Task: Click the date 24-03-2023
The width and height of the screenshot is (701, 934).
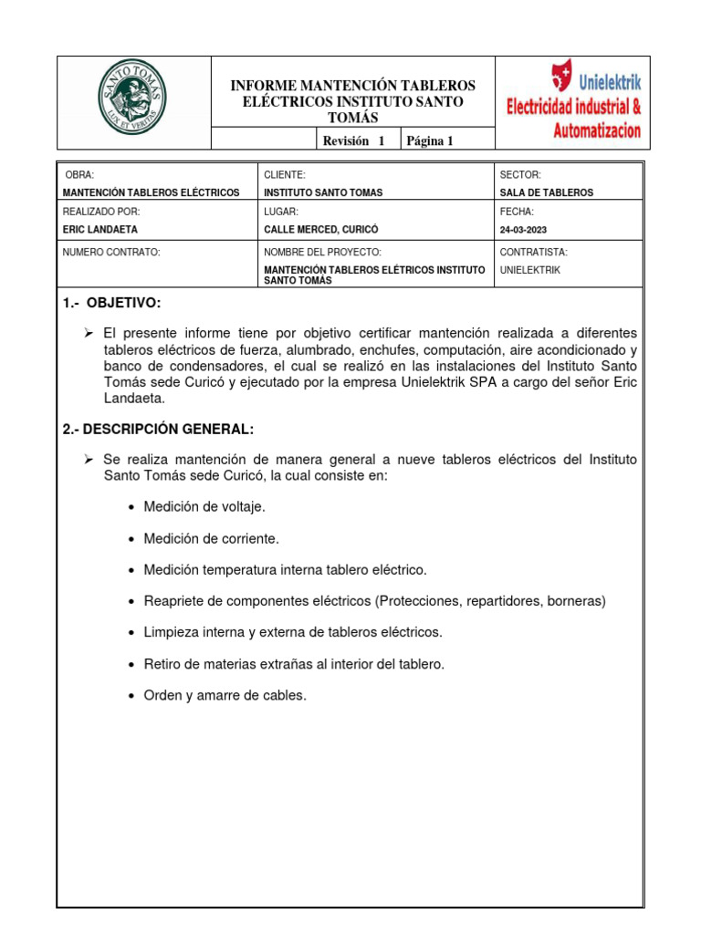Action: (x=524, y=230)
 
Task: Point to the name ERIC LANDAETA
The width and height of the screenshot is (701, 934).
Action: (x=99, y=230)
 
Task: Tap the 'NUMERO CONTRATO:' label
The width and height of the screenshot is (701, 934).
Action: (x=111, y=251)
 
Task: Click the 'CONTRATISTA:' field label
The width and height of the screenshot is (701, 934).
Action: (x=534, y=251)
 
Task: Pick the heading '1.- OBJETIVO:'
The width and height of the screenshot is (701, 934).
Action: (x=112, y=304)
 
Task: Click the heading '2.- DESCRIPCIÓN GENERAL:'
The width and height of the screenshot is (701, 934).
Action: (x=158, y=430)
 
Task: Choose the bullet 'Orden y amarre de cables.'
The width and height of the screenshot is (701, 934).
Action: (x=225, y=695)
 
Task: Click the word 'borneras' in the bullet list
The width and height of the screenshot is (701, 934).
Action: (x=574, y=601)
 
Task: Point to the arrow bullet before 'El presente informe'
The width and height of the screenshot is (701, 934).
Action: (x=89, y=334)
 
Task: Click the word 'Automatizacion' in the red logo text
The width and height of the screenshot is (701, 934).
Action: (x=597, y=130)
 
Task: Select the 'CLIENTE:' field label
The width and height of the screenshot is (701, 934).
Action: (x=285, y=173)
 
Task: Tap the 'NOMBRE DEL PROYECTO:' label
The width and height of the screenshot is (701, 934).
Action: (x=322, y=251)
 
